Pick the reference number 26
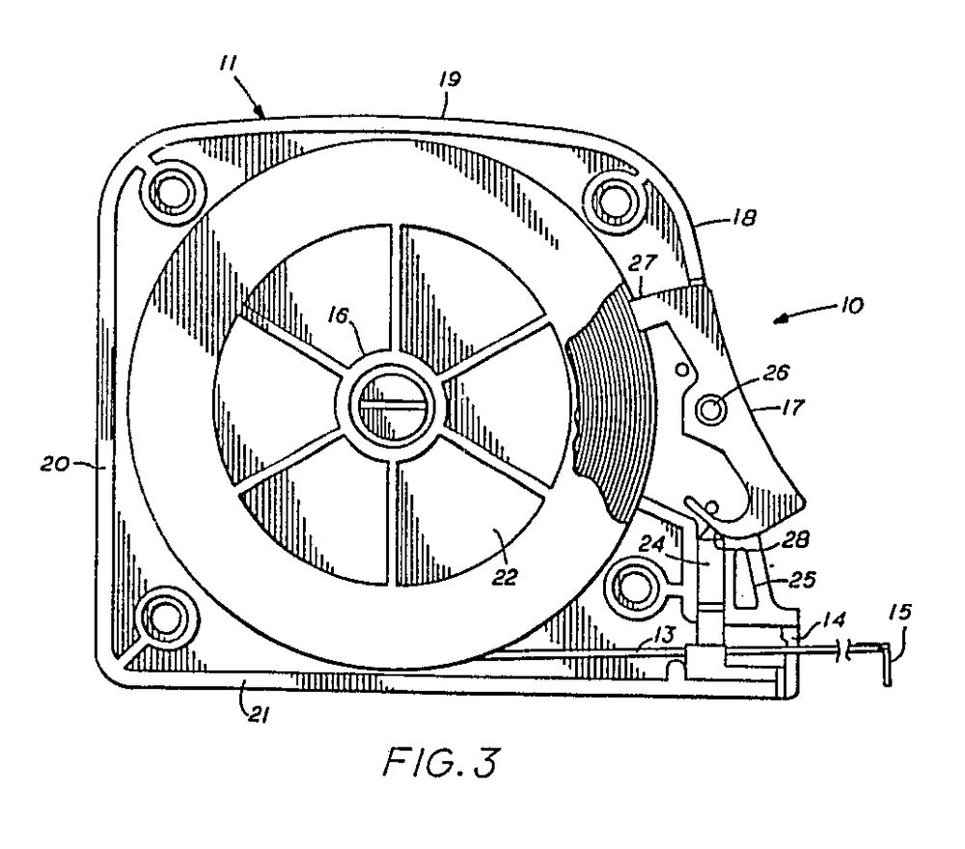[749, 372]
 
